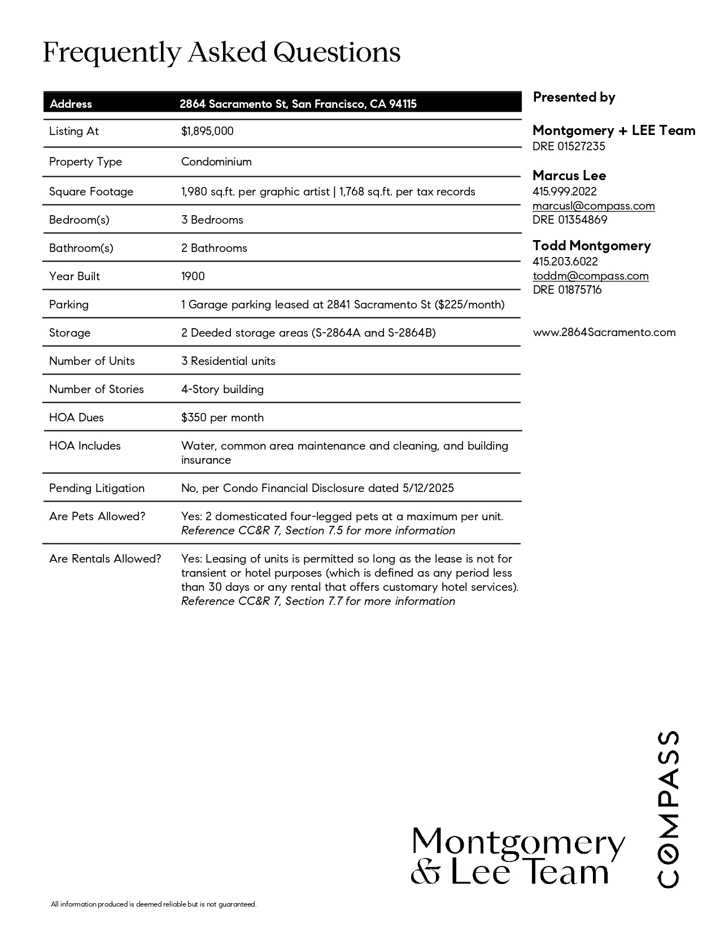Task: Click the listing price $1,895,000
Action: coord(207,131)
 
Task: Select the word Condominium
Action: coord(216,162)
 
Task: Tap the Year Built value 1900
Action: coord(193,276)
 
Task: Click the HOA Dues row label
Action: coord(76,417)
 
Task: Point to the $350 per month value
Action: coord(222,417)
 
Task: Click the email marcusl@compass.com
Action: coord(594,206)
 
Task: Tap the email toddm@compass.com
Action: coord(591,276)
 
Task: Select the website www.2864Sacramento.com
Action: coord(604,332)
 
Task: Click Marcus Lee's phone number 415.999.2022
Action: coord(565,191)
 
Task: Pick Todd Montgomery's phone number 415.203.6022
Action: coord(565,262)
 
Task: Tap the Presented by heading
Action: coord(574,97)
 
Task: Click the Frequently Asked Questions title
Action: coord(221,53)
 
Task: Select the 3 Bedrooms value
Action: coord(212,220)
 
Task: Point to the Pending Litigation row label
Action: coord(97,488)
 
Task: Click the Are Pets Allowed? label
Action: coord(97,516)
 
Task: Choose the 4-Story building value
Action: coord(222,389)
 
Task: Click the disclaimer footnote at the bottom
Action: coord(154,904)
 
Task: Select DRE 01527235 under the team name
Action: coord(569,146)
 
